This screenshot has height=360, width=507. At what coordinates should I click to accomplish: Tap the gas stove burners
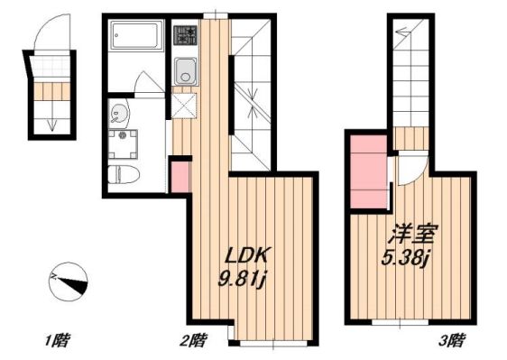tap(186, 36)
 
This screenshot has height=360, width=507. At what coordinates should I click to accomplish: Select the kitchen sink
tap(186, 69)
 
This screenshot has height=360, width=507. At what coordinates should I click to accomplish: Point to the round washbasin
tap(117, 114)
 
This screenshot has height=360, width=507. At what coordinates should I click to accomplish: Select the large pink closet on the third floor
tap(368, 171)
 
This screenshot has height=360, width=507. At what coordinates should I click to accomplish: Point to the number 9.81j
tap(240, 277)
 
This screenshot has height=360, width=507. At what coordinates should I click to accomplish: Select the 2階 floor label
tap(193, 341)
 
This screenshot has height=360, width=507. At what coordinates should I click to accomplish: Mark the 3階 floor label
tap(452, 341)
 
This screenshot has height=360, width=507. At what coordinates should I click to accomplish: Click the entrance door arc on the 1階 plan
tap(46, 36)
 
